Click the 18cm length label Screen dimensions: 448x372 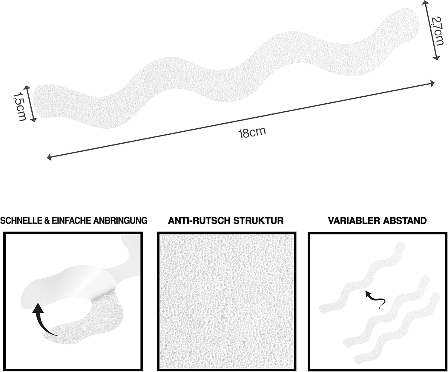click(x=252, y=133)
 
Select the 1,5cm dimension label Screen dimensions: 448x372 click(x=20, y=106)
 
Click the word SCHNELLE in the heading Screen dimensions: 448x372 click(x=21, y=221)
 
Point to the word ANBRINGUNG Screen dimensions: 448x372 click(x=120, y=221)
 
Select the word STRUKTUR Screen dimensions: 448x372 click(x=258, y=221)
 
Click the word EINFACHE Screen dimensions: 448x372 click(x=72, y=221)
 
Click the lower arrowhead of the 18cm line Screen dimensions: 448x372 click(x=49, y=157)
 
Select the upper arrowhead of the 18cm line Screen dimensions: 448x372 click(x=432, y=83)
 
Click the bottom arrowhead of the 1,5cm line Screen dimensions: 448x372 click(x=34, y=120)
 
